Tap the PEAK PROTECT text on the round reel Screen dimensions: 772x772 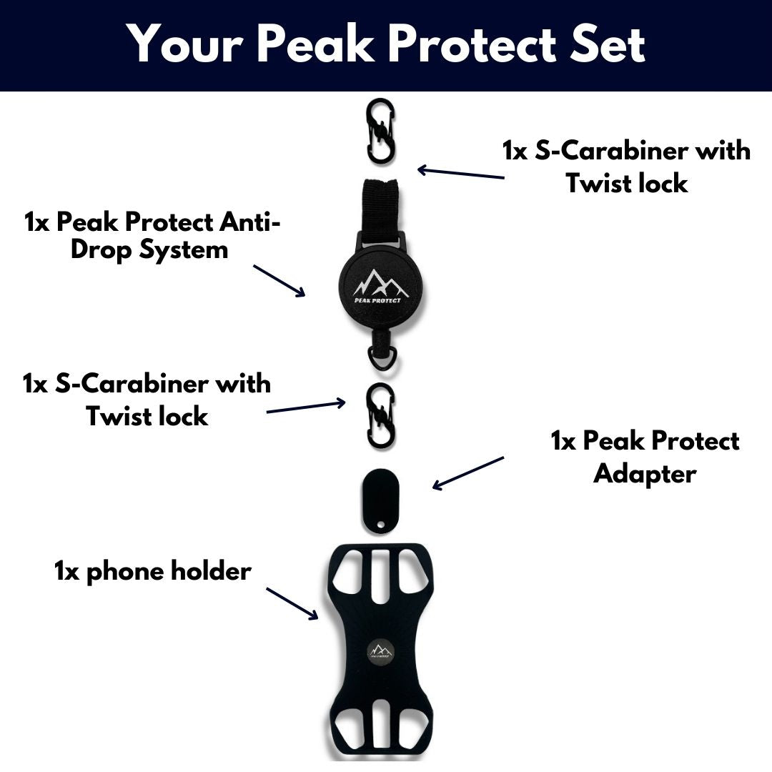(x=377, y=300)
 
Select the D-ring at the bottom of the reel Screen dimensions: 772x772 (x=380, y=358)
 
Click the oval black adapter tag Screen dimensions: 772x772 (x=380, y=500)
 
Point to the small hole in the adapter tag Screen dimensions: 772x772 (x=380, y=523)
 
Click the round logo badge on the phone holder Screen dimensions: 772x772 (x=380, y=653)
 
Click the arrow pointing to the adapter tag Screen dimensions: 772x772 (x=468, y=472)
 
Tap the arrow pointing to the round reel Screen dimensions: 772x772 (x=279, y=281)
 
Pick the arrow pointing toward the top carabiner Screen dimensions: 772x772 (x=461, y=172)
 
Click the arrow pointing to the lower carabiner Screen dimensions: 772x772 (x=306, y=406)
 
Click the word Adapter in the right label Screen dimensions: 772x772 (x=645, y=474)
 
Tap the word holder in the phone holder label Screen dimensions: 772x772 (x=211, y=570)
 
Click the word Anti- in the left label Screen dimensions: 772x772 (x=249, y=222)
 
